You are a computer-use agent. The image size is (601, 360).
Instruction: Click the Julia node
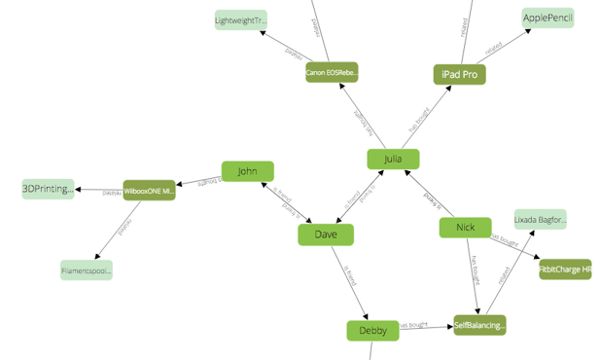pyautogui.click(x=393, y=159)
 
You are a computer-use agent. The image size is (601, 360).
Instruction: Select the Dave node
pyautogui.click(x=325, y=234)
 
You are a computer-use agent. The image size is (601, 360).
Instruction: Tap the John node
pyautogui.click(x=247, y=171)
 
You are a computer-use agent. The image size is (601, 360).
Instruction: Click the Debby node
pyautogui.click(x=372, y=331)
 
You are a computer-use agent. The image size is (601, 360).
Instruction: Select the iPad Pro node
pyautogui.click(x=459, y=74)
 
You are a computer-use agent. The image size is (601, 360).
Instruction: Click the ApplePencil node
pyautogui.click(x=548, y=18)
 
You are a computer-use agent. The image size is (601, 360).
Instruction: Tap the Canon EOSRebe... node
pyautogui.click(x=332, y=72)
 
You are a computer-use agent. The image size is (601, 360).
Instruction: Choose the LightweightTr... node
pyautogui.click(x=240, y=19)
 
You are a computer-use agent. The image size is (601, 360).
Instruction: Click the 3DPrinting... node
pyautogui.click(x=48, y=189)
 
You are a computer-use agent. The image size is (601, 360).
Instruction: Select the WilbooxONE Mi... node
pyautogui.click(x=149, y=190)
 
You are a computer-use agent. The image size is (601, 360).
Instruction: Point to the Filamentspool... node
pyautogui.click(x=87, y=270)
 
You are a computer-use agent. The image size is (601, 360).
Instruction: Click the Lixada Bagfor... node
pyautogui.click(x=540, y=220)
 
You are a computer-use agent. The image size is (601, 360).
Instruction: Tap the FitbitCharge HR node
pyautogui.click(x=565, y=270)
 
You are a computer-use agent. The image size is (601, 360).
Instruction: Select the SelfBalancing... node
pyautogui.click(x=479, y=325)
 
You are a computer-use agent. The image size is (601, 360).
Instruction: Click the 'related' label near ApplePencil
pyautogui.click(x=494, y=45)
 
